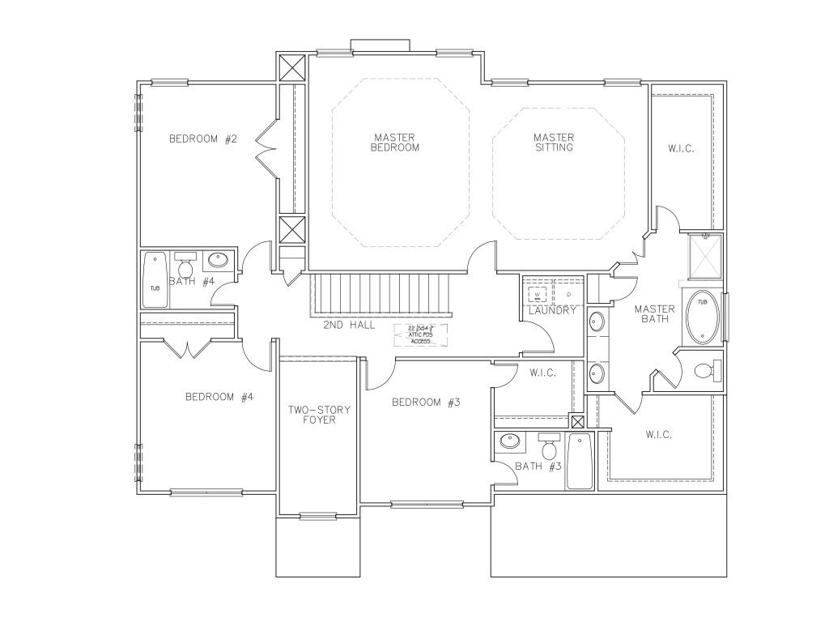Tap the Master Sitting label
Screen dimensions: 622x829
(554, 143)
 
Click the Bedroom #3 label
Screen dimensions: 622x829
(426, 403)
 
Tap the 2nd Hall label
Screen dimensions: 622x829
(350, 325)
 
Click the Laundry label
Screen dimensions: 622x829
(552, 310)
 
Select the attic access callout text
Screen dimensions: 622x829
(420, 334)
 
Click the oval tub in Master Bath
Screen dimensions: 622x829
(701, 314)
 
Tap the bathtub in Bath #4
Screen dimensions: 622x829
(155, 280)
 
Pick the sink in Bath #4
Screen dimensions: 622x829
(218, 261)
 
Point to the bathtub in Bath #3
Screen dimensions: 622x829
(579, 462)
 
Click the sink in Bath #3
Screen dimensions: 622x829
(510, 442)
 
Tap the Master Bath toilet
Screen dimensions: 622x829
(706, 372)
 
